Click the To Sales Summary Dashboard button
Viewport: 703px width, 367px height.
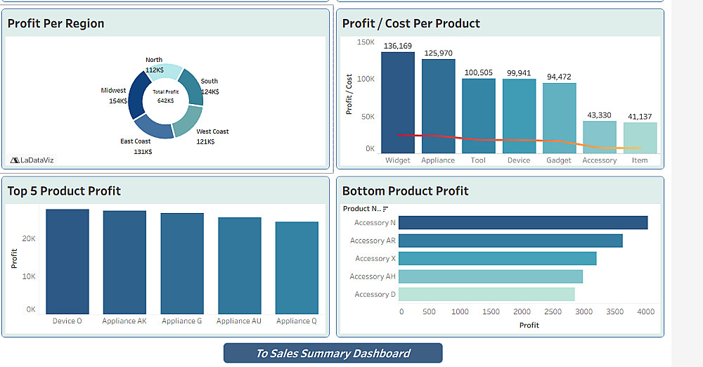click(x=333, y=353)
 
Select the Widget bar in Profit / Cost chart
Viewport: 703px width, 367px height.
click(x=398, y=102)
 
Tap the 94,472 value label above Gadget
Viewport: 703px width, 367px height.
click(x=559, y=77)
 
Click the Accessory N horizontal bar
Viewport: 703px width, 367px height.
click(x=522, y=223)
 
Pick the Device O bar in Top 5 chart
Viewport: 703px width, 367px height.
click(x=67, y=262)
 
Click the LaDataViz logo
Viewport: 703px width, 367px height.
click(x=32, y=160)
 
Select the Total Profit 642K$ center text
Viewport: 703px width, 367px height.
click(x=166, y=96)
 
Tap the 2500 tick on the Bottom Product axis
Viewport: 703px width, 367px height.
click(x=553, y=311)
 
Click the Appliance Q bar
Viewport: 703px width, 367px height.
click(x=297, y=268)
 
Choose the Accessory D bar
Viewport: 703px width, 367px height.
click(x=486, y=295)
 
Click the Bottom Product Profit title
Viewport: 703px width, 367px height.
click(x=405, y=191)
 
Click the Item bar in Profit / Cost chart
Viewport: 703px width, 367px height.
click(x=640, y=138)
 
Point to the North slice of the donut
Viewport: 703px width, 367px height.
click(x=165, y=72)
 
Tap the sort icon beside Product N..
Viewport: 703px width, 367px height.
click(x=385, y=209)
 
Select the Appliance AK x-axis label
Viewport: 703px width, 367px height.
click(x=124, y=321)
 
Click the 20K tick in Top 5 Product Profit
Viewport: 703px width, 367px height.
click(x=30, y=239)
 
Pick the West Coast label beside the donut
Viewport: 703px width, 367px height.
click(x=212, y=131)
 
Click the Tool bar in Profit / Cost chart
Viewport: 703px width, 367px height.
click(x=478, y=115)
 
